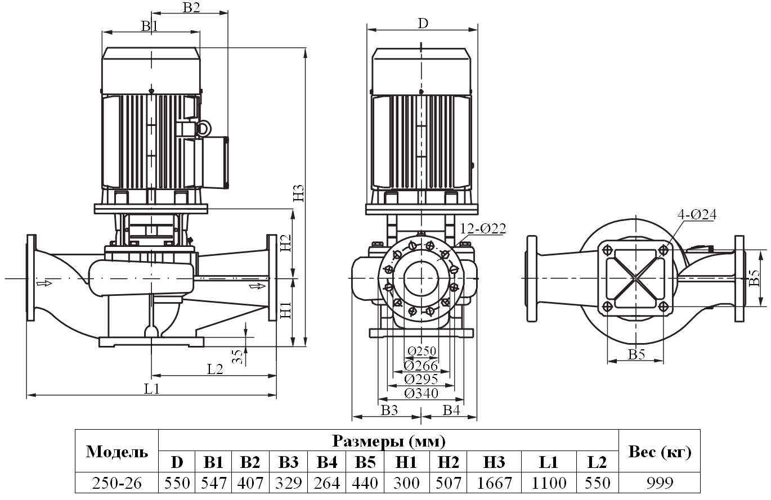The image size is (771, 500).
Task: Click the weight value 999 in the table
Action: pos(659,483)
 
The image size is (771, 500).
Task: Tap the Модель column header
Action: pos(117,452)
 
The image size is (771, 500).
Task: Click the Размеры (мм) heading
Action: pos(388,440)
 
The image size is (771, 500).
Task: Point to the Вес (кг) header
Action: pos(659,452)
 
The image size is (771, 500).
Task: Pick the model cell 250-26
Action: pos(117,483)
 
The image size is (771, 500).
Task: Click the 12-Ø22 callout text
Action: pos(482,228)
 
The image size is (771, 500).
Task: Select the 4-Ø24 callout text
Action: pos(697,214)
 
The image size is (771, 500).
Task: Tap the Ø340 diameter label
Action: pos(421,393)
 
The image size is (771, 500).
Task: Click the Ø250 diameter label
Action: pos(421,352)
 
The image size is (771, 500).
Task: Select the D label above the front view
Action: pos(422,23)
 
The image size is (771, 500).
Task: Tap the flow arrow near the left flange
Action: pos(44,283)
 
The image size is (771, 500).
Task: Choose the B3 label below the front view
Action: pos(389,410)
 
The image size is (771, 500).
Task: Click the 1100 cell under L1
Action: pos(549,483)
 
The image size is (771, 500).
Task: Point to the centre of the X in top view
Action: pos(635,278)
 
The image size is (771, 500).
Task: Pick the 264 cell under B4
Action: pos(326,483)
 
